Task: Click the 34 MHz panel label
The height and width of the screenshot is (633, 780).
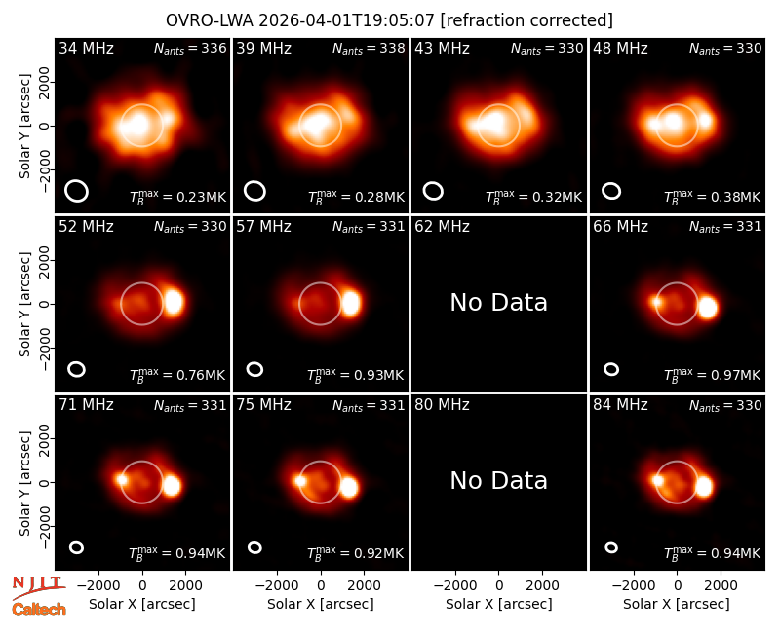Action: pos(86,48)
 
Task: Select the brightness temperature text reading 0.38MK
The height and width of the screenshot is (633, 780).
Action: pos(713,197)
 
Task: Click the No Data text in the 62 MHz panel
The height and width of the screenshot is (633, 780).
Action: pos(499,302)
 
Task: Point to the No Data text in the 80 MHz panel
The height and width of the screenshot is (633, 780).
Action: pos(499,480)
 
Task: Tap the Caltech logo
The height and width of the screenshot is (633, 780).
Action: pos(39,610)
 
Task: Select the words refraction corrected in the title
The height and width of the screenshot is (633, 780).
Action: pos(526,20)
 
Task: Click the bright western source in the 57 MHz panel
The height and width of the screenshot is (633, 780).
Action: pos(351,303)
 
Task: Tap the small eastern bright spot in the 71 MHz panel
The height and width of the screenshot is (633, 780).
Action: pos(122,479)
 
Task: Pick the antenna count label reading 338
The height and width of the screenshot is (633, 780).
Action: pos(369,48)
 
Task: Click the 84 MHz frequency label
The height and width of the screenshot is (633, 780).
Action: pos(620,405)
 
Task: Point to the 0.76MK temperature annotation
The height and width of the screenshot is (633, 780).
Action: pos(177,375)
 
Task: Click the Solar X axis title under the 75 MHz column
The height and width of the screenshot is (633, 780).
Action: pos(321,604)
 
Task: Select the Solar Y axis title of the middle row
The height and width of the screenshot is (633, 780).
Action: pos(24,304)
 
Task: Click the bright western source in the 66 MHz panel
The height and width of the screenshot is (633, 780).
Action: pos(708,308)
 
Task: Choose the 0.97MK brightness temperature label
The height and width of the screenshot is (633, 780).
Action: pos(713,375)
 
